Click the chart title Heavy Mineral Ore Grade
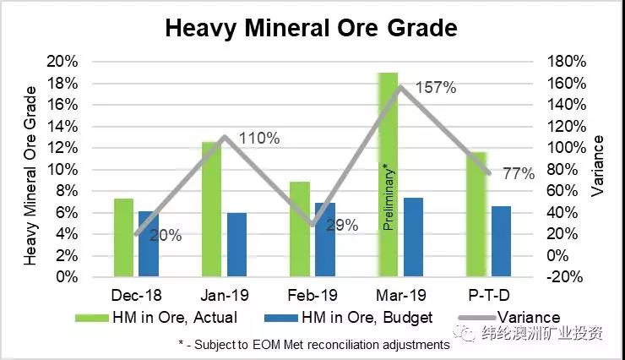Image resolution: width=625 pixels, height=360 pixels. pyautogui.click(x=311, y=28)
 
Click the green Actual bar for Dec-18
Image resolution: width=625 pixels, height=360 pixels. pyautogui.click(x=123, y=237)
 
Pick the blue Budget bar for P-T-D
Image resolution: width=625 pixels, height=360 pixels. pyautogui.click(x=502, y=242)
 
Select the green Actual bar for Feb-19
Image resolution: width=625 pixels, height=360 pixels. pyautogui.click(x=300, y=229)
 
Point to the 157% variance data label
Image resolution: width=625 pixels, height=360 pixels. pyautogui.click(x=436, y=88)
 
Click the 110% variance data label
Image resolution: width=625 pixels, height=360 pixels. pyautogui.click(x=259, y=138)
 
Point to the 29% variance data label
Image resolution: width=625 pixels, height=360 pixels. pyautogui.click(x=341, y=226)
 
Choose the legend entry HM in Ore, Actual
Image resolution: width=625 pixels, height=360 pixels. pyautogui.click(x=157, y=318)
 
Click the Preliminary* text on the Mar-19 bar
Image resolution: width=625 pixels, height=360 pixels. pyautogui.click(x=389, y=197)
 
